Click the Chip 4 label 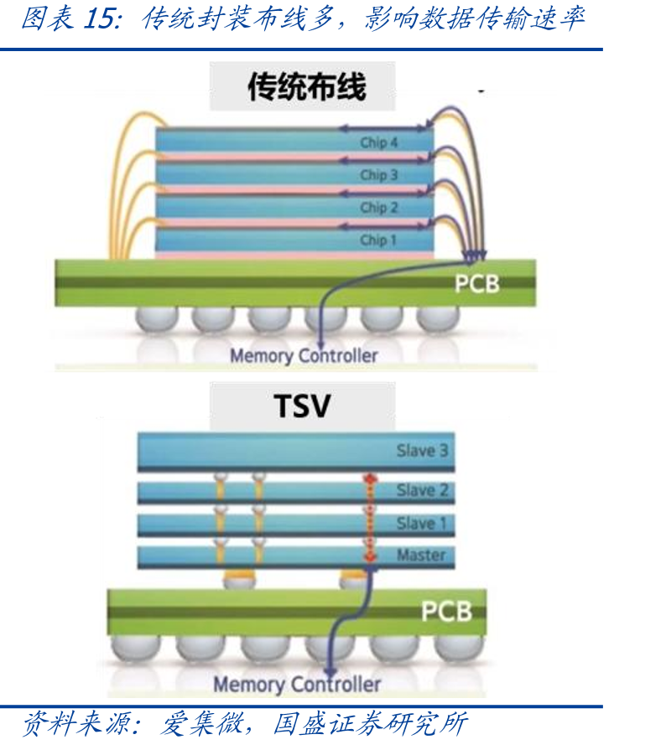(x=379, y=142)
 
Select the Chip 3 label (x=379, y=175)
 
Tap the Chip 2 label (x=379, y=208)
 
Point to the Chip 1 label (x=378, y=240)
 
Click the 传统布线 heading (x=306, y=86)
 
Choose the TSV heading (x=302, y=406)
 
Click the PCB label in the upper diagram (x=477, y=283)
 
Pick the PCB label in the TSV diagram (x=446, y=611)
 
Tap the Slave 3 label (x=422, y=451)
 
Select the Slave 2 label (x=422, y=490)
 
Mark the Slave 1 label (x=421, y=523)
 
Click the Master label (x=421, y=555)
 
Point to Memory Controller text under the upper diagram (x=304, y=356)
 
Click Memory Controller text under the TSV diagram (x=297, y=685)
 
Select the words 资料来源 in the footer (x=75, y=723)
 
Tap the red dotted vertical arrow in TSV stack (x=370, y=518)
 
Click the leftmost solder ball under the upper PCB (x=157, y=318)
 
